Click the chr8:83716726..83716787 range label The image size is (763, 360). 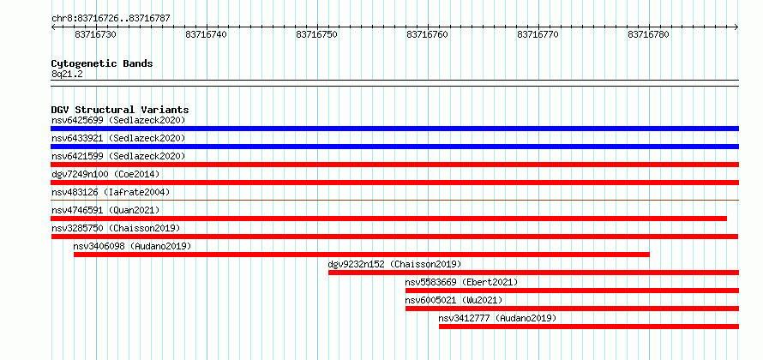point(111,19)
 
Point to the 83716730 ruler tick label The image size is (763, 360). point(96,34)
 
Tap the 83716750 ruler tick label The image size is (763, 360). point(317,34)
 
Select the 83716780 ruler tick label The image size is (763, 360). point(649,34)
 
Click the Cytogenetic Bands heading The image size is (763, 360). point(102,63)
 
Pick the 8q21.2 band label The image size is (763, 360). point(67,74)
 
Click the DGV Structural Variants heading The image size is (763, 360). point(120,110)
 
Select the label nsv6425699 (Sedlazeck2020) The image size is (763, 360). point(118,120)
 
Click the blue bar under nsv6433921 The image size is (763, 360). point(394,147)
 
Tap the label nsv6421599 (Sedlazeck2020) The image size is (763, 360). point(118,156)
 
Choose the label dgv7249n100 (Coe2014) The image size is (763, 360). point(105,174)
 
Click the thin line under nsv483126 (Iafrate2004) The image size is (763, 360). point(394,200)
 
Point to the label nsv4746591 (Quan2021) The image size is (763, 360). point(105,210)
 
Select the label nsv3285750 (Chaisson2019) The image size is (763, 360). point(116,228)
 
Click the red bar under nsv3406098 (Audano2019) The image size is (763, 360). point(362,255)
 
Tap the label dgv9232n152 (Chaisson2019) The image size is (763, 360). point(394,264)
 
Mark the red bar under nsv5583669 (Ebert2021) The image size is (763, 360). point(573,291)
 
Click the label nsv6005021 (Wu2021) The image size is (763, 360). point(454,300)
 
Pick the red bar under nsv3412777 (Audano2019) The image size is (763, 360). point(589,327)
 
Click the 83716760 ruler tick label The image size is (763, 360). point(427,34)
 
